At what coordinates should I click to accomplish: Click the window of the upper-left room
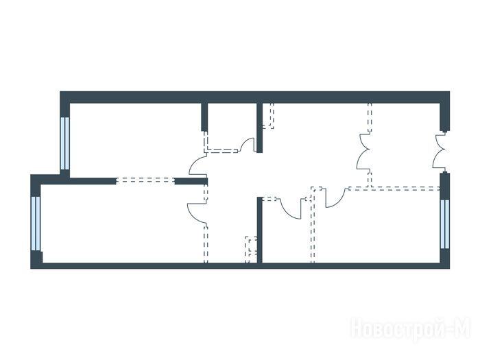click(x=65, y=143)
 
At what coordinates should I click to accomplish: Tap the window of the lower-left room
click(x=36, y=224)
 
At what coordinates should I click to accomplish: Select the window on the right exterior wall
click(x=445, y=224)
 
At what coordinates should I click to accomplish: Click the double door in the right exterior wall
click(x=441, y=150)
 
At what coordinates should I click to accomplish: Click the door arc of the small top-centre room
click(x=248, y=145)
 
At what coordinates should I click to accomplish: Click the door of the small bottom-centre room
click(x=290, y=208)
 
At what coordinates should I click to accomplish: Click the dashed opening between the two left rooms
click(x=145, y=180)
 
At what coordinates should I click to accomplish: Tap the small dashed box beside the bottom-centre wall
click(x=251, y=250)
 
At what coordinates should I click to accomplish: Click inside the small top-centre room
click(x=232, y=125)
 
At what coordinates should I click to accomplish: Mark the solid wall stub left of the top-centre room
click(x=204, y=117)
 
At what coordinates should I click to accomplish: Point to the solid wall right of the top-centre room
click(x=259, y=128)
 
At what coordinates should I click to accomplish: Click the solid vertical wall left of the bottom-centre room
click(x=259, y=230)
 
